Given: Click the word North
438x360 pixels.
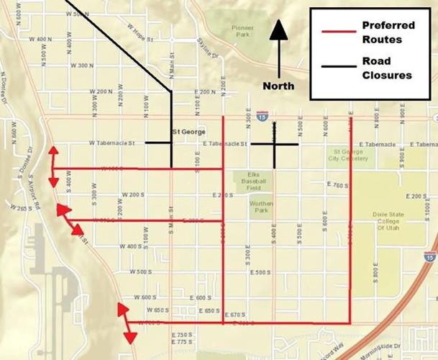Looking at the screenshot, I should [x=278, y=86].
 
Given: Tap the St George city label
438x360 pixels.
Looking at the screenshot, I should [x=189, y=132].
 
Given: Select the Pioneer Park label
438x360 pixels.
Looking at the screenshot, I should [x=242, y=32].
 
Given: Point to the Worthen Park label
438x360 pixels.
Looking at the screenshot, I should [x=261, y=208].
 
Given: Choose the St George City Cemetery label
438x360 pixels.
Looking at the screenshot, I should [x=350, y=156].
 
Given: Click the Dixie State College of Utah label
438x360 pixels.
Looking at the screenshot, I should [x=391, y=222].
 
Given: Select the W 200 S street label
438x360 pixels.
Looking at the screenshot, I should [x=133, y=195].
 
